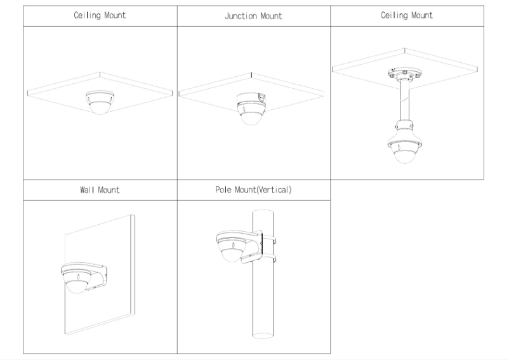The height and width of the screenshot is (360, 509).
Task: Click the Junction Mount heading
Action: pos(253,16)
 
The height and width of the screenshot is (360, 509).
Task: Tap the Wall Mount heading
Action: pos(100,190)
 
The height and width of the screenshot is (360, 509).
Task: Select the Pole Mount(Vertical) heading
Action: pos(254,190)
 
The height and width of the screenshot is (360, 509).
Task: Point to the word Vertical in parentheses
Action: pos(274,190)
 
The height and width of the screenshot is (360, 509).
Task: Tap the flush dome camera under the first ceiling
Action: pos(100,103)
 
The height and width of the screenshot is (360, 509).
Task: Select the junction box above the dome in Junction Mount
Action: pos(251,98)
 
